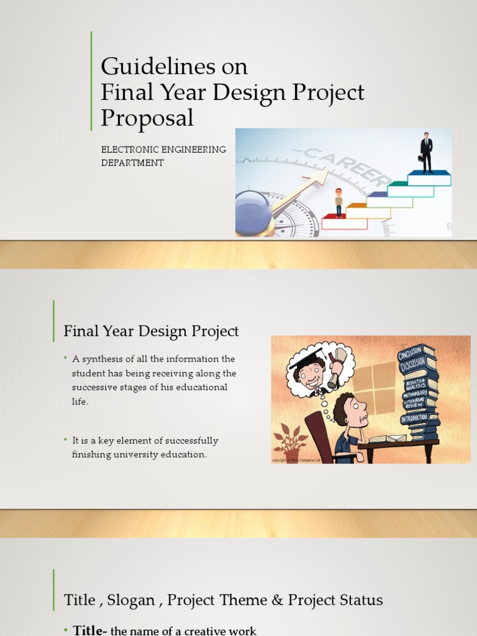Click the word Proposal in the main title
pyautogui.click(x=147, y=117)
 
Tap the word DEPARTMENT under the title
pyautogui.click(x=132, y=163)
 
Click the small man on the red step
pyautogui.click(x=338, y=202)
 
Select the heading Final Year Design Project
pyautogui.click(x=151, y=331)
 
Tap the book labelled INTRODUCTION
pyautogui.click(x=414, y=419)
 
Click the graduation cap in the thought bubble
pyautogui.click(x=304, y=360)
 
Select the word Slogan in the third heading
pyautogui.click(x=131, y=600)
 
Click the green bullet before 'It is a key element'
pyautogui.click(x=65, y=440)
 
